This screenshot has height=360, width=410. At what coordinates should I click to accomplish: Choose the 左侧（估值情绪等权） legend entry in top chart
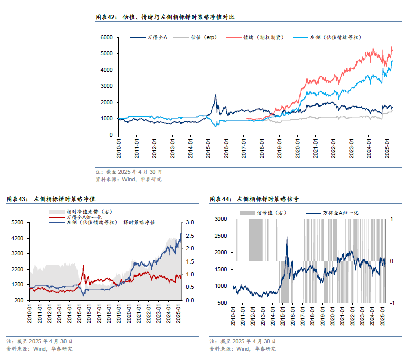click(338, 37)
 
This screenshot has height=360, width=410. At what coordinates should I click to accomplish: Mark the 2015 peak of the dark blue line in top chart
click(215, 95)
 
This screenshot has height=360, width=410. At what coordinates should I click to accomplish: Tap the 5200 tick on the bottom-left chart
click(17, 223)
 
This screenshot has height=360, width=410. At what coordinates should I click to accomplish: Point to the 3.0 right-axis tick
click(190, 223)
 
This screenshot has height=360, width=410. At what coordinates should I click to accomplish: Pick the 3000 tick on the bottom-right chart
click(222, 219)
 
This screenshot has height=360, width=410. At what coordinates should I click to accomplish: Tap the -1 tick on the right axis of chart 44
click(393, 303)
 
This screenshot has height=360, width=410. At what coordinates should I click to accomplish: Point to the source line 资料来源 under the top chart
click(129, 179)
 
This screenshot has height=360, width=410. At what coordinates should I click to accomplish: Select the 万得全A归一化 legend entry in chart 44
click(340, 213)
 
